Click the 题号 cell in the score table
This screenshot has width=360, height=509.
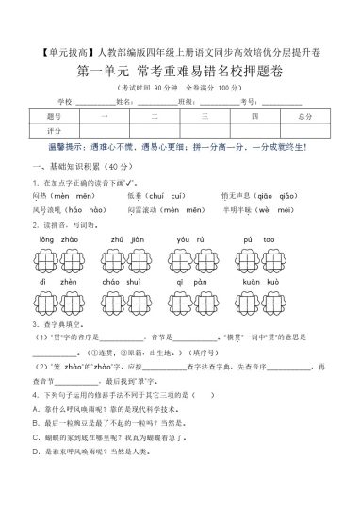click(x=53, y=116)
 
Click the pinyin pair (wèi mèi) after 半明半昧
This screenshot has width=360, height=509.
click(x=288, y=209)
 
